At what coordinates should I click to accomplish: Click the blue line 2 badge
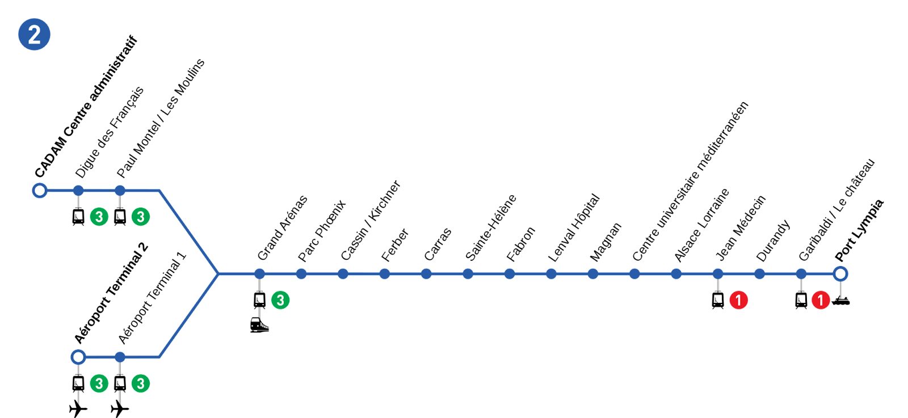coord(34,35)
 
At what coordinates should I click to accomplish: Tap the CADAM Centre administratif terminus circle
coord(40,190)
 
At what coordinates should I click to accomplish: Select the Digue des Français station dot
coord(78,191)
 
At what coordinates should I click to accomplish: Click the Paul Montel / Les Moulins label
coord(161,118)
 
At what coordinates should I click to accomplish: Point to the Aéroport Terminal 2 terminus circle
coord(78,357)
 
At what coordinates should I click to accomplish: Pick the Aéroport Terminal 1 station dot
coord(120,357)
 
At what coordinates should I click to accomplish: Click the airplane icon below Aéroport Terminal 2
coord(78,408)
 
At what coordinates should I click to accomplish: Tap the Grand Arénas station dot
coord(260,274)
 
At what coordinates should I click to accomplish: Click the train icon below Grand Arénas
coord(259,325)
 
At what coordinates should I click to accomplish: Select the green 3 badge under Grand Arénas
coord(280,300)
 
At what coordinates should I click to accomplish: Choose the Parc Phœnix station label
coord(322,230)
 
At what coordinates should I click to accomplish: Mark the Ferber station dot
coord(385,274)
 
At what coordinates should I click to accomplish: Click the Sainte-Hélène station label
coord(490,227)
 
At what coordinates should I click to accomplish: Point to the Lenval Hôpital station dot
coord(551,274)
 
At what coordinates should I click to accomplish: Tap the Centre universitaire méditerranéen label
coord(690,181)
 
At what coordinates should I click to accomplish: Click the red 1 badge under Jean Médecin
coord(738,300)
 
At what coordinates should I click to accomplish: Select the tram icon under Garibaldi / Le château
coord(801,301)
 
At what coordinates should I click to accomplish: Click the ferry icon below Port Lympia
coord(840,301)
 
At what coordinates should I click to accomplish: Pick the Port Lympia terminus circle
coord(840,274)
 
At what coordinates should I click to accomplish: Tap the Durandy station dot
coord(760,274)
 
